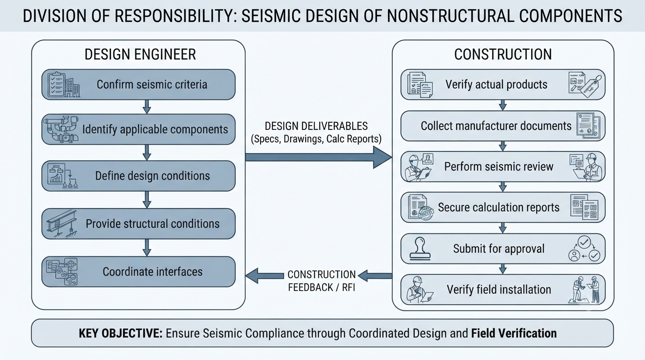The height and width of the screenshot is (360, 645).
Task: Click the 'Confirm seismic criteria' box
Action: point(138,84)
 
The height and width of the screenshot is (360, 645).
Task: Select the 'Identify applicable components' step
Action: point(138,129)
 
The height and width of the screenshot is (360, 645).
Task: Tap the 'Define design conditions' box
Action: point(138,176)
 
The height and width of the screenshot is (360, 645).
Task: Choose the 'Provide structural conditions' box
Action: point(138,224)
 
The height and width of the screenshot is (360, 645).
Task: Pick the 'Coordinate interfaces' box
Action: point(138,271)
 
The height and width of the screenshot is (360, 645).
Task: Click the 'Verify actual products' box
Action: point(503,84)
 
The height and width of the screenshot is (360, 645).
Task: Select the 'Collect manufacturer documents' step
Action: point(503,126)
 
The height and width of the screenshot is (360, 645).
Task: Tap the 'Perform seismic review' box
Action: point(503,166)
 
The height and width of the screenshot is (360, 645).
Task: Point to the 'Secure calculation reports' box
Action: point(503,207)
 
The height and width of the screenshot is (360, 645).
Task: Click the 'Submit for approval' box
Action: point(503,248)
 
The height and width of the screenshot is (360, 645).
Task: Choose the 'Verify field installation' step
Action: point(503,289)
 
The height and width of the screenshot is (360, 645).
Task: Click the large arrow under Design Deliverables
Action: point(318,157)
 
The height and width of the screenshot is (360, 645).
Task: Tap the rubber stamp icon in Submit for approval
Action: point(420,248)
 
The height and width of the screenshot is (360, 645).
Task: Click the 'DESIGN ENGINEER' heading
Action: point(140,54)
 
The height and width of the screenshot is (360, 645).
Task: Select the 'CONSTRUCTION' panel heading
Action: point(503,54)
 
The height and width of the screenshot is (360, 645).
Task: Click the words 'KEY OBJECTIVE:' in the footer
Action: point(120,333)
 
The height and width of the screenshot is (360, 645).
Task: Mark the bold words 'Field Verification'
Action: point(514,333)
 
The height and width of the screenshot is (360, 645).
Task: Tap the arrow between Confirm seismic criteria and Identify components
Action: point(147,107)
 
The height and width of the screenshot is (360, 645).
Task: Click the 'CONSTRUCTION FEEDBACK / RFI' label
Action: point(322,281)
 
